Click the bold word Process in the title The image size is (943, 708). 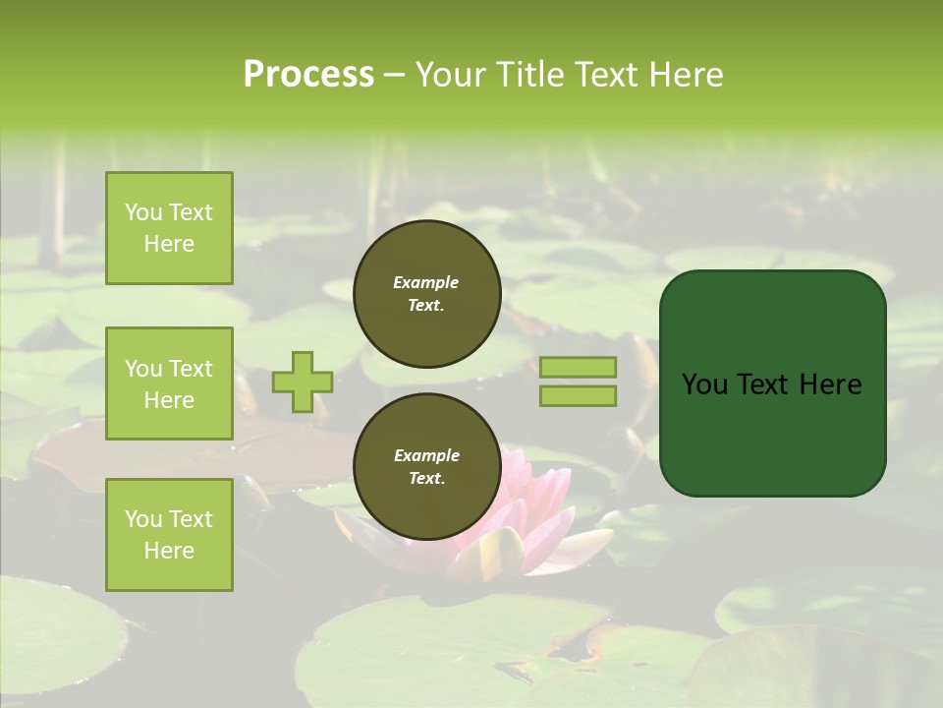pos(308,75)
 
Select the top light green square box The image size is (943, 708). pos(169,228)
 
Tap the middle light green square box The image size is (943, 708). pos(169,383)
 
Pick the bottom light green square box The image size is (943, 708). pos(169,535)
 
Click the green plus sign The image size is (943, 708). pos(303,382)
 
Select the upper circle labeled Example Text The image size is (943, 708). pos(426,293)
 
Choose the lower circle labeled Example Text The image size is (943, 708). pos(426,467)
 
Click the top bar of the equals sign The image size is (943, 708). pos(578,367)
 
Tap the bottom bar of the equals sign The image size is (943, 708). pos(578,395)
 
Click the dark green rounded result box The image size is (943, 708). pos(772,383)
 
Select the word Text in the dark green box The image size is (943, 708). pos(766,384)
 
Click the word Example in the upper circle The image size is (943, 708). pos(426,282)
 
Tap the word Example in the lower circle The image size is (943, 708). pos(426,455)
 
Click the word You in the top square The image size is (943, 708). pos(143,212)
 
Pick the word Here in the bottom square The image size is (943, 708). pos(169,551)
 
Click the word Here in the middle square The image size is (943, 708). pos(169,400)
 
